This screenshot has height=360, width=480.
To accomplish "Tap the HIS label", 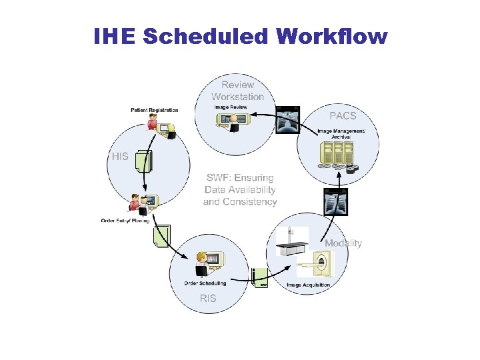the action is (x=120, y=156).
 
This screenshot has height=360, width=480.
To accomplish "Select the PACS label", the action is (x=343, y=115).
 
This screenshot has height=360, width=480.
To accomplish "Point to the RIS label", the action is (x=208, y=298).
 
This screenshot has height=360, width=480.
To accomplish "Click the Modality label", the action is (x=343, y=243).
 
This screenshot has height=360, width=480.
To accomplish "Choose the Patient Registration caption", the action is (x=155, y=110).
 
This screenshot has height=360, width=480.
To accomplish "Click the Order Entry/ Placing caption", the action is (x=125, y=221).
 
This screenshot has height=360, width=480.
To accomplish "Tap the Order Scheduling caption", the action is (x=205, y=283).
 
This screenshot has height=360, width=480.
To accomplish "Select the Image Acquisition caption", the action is (x=308, y=285).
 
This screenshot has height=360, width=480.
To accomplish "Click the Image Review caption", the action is (x=230, y=107).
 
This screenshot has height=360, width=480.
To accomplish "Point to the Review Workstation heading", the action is (x=238, y=90).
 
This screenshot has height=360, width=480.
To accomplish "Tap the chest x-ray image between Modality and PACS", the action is (x=335, y=202).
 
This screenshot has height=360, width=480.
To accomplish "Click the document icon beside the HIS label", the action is (x=142, y=161).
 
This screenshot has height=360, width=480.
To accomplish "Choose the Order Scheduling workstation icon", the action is (x=209, y=262).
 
